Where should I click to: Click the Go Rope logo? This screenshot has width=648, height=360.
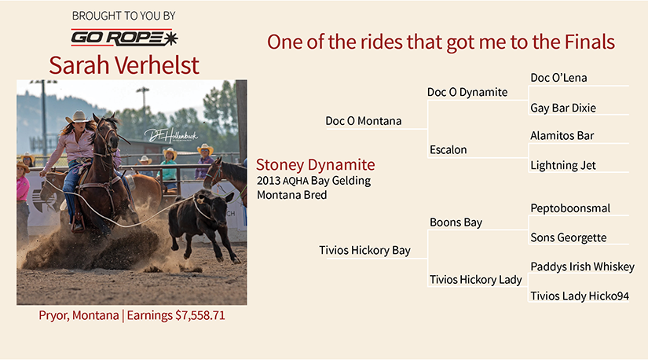click(124, 38)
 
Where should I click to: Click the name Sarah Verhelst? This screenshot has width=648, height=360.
click(124, 65)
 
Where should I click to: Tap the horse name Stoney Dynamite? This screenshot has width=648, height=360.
click(315, 165)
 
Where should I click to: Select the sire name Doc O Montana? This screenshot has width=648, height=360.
click(363, 121)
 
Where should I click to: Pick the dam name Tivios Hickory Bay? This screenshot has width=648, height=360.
click(364, 250)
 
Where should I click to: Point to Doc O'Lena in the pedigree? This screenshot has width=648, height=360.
click(558, 78)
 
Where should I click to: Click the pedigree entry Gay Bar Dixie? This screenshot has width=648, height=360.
click(563, 108)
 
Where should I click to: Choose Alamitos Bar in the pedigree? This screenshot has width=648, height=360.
click(562, 136)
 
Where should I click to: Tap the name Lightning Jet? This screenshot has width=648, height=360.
click(563, 166)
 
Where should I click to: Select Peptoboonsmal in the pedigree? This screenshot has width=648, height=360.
click(570, 208)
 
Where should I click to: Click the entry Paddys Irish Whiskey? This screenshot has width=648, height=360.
click(582, 267)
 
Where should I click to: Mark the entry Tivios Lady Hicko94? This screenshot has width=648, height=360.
click(580, 296)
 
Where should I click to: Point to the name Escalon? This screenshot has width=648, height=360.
click(448, 150)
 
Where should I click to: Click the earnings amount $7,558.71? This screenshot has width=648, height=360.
click(200, 315)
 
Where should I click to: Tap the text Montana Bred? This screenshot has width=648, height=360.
click(291, 195)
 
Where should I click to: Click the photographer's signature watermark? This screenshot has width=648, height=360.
click(170, 135)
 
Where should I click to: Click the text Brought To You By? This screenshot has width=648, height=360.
click(123, 16)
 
